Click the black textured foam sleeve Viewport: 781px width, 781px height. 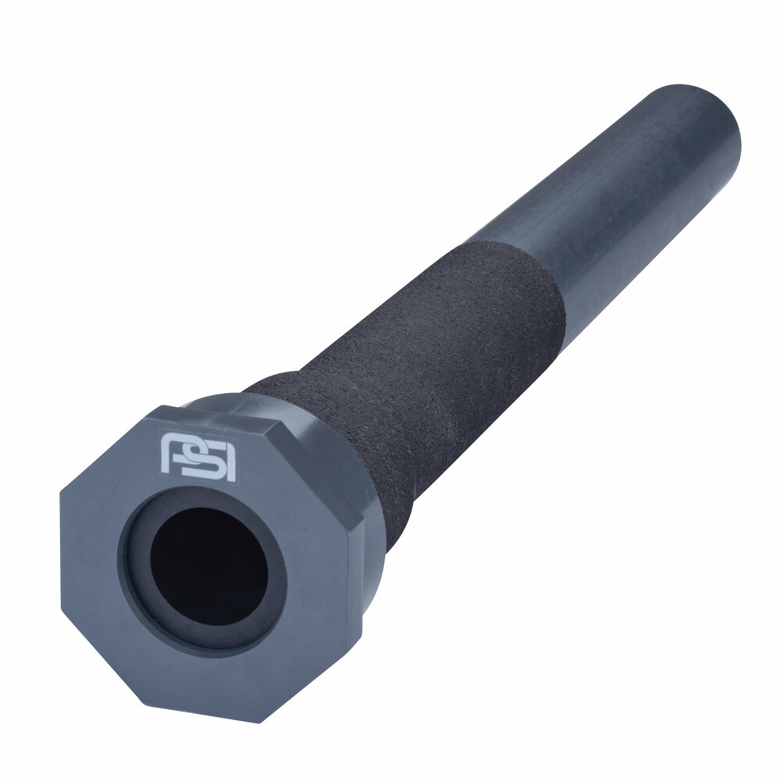pyautogui.click(x=437, y=351)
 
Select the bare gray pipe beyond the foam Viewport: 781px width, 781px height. pyautogui.click(x=625, y=195)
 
